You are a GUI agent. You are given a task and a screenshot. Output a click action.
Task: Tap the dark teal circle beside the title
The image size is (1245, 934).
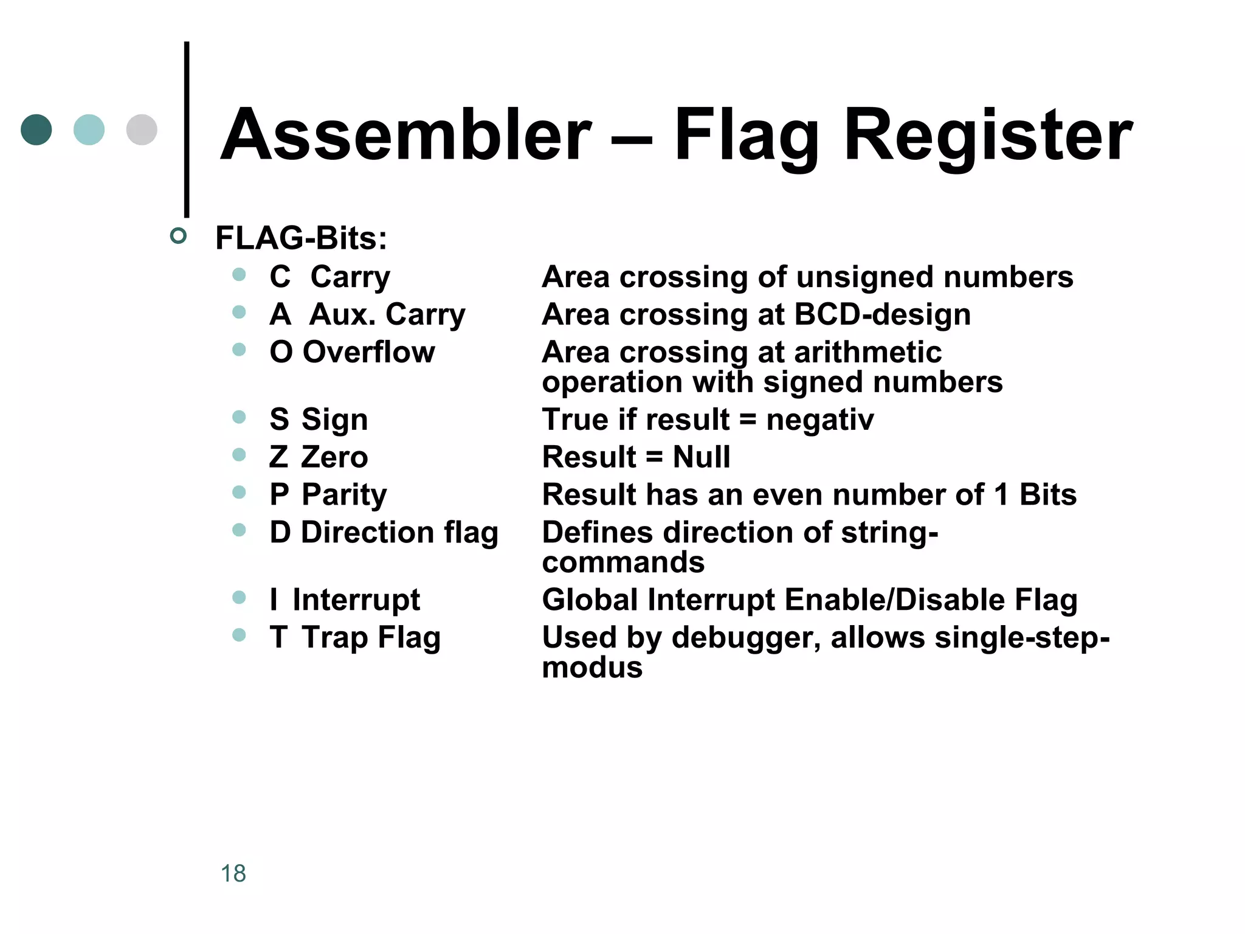point(36,130)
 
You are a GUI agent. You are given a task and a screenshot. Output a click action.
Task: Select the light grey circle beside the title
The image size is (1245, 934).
point(142,130)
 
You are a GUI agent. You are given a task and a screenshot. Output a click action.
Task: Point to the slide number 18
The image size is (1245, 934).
point(233,873)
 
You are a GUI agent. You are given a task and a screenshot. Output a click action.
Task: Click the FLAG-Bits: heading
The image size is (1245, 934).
point(301,238)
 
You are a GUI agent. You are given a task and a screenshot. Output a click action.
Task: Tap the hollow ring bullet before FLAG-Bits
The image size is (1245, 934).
point(178,236)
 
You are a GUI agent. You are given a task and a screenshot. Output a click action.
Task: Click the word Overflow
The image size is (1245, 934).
point(368,352)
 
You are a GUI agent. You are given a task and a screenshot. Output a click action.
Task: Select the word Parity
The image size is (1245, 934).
point(344,495)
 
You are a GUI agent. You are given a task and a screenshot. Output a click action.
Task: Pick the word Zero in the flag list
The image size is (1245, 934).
point(334,457)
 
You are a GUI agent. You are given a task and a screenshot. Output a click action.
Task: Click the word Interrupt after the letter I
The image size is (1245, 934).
point(356,600)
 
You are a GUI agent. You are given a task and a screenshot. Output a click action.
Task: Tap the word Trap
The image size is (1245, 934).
point(335,638)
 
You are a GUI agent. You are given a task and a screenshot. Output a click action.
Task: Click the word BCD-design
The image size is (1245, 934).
point(882,315)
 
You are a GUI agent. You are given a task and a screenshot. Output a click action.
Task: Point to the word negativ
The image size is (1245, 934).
point(819,420)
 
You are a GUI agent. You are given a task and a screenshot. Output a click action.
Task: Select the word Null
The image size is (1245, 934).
point(701,457)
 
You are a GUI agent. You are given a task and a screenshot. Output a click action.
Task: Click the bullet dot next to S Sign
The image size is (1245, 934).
point(239,417)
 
